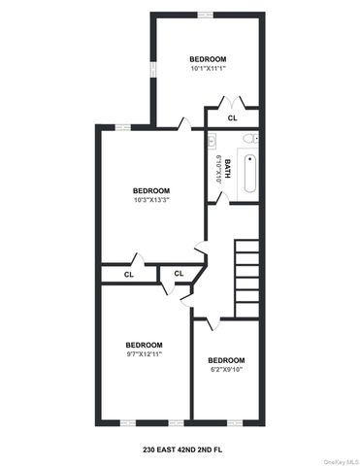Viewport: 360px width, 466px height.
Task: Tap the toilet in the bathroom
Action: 248,139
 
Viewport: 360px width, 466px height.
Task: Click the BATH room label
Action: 227,166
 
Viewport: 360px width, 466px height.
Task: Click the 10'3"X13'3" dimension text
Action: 151,200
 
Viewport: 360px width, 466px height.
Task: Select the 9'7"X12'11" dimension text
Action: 144,355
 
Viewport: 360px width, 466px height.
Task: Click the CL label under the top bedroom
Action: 232,118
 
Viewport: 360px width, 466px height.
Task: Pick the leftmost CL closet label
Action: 128,275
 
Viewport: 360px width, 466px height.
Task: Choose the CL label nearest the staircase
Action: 179,274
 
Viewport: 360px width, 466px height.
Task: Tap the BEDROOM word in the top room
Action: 207,60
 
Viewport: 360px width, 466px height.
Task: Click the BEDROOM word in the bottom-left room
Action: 144,346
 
